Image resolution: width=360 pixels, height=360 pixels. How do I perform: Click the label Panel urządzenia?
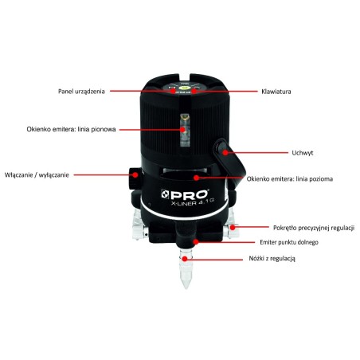(81, 92)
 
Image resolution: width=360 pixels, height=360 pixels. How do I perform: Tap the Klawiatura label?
(276, 92)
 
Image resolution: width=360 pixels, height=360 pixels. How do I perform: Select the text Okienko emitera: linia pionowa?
(71, 130)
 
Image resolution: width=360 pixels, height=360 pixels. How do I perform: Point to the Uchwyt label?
(303, 153)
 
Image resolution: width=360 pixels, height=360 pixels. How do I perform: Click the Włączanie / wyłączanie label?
(37, 175)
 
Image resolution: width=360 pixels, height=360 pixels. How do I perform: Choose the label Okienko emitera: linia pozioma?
(290, 179)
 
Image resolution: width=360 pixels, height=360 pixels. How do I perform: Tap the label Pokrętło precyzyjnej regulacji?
(314, 228)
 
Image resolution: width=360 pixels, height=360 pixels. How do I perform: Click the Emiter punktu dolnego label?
(289, 242)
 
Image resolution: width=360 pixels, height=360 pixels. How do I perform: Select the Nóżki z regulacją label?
(272, 258)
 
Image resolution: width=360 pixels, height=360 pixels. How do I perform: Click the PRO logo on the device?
(185, 194)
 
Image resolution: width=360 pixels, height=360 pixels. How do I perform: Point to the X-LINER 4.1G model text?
(192, 202)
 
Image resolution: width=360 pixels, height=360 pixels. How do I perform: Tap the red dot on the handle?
(225, 153)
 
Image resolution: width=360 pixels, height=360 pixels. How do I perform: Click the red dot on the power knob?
(135, 175)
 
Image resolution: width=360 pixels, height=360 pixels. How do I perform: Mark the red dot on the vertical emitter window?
(182, 130)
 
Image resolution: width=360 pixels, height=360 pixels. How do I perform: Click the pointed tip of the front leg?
(186, 288)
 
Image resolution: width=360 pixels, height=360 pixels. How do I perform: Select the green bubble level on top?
(184, 87)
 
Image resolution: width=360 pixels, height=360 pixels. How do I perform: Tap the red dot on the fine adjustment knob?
(233, 228)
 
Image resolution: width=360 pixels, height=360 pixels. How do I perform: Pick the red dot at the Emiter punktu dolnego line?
(196, 242)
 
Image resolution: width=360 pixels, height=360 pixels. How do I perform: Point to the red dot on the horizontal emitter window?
(196, 178)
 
